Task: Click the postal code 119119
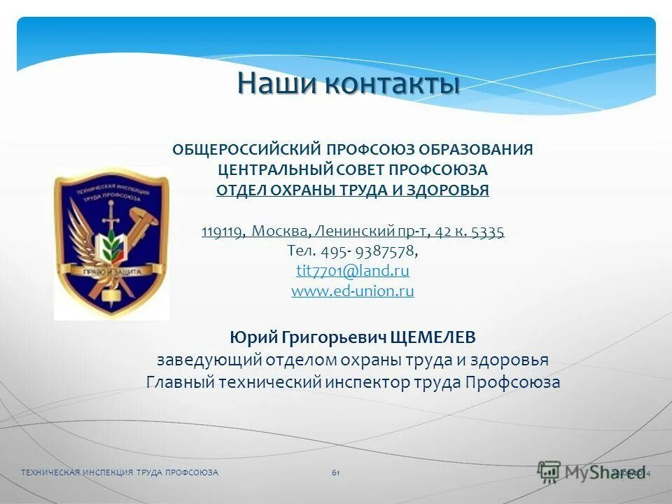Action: [221, 232]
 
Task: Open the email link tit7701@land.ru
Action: [353, 271]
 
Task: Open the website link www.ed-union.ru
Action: [353, 290]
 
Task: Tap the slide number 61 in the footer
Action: [336, 473]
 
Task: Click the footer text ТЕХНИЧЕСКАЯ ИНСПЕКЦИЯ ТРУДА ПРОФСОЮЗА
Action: [120, 473]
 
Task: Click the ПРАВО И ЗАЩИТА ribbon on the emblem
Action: [112, 270]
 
